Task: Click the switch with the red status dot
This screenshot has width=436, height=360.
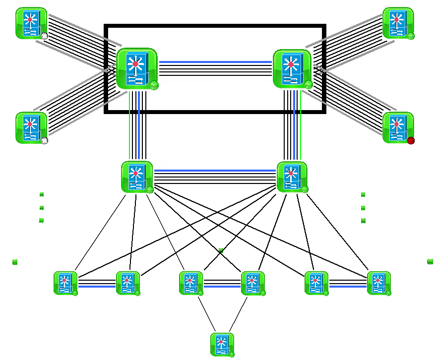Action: tap(398, 127)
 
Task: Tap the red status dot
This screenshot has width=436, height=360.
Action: tap(411, 141)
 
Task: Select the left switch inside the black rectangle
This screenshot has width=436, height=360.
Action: tap(136, 68)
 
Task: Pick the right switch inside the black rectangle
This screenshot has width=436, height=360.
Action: tap(292, 69)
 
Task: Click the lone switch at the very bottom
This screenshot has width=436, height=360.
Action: tap(222, 344)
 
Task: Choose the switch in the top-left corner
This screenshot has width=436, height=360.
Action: tap(31, 23)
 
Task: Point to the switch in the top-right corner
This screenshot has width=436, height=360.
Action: tap(398, 23)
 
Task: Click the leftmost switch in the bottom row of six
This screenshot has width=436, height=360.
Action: tap(65, 283)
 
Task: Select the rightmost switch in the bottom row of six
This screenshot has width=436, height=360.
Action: tap(378, 283)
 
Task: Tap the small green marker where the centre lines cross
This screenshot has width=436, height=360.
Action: tap(221, 251)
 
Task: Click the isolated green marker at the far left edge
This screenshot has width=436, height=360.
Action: tap(14, 262)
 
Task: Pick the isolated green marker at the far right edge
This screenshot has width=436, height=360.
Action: tap(430, 261)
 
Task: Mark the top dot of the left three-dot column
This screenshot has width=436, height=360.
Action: tap(42, 194)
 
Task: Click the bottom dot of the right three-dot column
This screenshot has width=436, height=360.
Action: tap(363, 220)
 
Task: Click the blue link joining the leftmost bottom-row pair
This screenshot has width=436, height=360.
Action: tap(97, 286)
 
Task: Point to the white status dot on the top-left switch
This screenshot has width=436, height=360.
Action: tap(44, 36)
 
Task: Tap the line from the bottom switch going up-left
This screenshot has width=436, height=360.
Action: tap(207, 313)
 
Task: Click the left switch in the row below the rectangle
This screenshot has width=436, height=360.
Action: tap(136, 177)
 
